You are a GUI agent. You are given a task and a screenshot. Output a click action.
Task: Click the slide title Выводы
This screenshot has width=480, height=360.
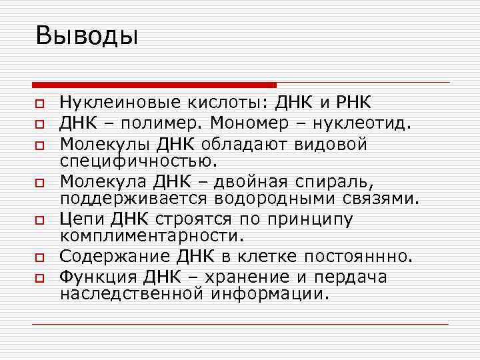[87, 35]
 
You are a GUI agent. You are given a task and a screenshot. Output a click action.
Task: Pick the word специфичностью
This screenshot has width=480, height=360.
[137, 161]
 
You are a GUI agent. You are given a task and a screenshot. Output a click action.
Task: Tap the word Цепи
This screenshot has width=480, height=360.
[81, 219]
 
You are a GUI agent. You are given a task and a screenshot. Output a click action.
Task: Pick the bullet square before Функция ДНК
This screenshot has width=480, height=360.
[39, 277]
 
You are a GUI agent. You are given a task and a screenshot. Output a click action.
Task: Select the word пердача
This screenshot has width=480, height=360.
[353, 276]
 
